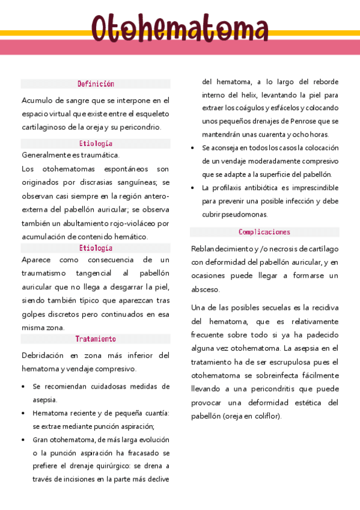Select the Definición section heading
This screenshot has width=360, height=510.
click(x=96, y=84)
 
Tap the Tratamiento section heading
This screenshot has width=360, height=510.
click(x=96, y=339)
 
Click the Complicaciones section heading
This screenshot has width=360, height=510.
click(x=264, y=232)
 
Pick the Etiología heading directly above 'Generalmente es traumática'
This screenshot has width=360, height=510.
click(x=96, y=144)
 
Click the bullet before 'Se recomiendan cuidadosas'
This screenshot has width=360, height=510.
click(x=23, y=386)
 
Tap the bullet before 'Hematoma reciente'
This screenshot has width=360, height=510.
click(x=23, y=413)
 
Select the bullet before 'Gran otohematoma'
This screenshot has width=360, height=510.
click(x=23, y=440)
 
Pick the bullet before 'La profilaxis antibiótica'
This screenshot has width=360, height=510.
click(x=192, y=188)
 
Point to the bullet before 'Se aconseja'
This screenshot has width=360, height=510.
click(x=192, y=148)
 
